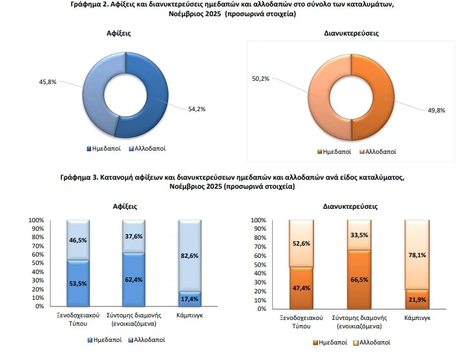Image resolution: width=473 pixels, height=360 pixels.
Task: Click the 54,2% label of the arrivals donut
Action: tap(196, 109)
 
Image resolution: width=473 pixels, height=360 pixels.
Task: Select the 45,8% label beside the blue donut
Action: tap(48, 81)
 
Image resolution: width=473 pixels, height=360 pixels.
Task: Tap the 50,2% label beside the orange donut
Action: tap(261, 79)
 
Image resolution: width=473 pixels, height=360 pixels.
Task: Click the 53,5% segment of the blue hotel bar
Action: tap(78, 282)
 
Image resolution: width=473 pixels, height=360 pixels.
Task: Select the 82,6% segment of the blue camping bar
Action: tap(189, 255)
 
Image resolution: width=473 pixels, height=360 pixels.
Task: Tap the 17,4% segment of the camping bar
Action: tap(189, 298)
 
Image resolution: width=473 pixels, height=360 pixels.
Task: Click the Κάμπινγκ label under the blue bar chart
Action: tap(189, 317)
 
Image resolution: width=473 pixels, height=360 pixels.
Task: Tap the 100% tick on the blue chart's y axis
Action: tap(36, 220)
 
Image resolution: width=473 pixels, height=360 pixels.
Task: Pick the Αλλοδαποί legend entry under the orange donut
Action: tap(377, 152)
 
